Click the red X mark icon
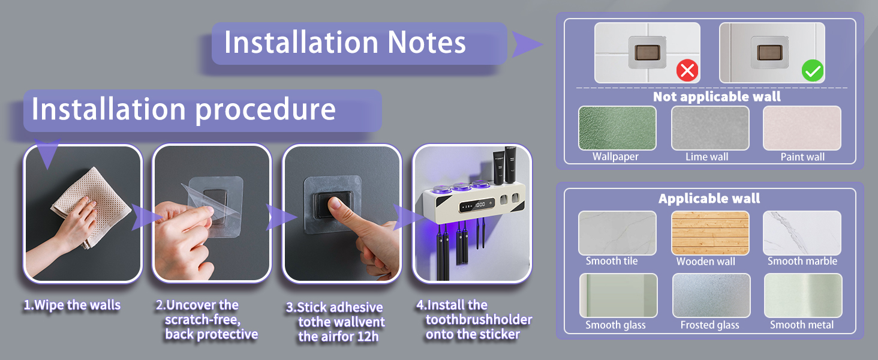687,71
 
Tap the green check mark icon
813,71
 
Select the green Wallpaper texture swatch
617,128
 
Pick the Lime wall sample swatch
710,128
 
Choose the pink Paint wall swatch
802,128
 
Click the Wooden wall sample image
710,233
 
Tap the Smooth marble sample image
802,233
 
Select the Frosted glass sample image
711,296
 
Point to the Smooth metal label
802,325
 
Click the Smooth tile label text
612,261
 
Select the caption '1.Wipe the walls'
72,305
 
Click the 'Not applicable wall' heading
717,97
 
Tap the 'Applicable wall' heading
709,199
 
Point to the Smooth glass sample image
618,296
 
